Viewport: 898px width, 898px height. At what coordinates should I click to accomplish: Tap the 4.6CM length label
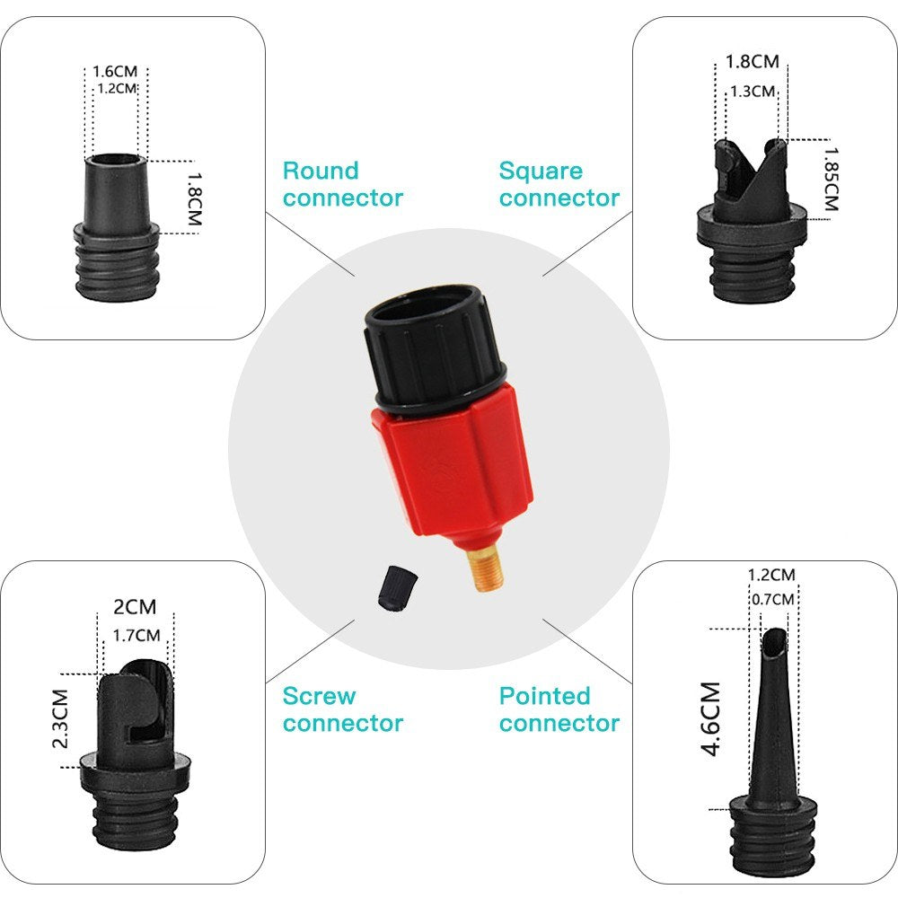710,718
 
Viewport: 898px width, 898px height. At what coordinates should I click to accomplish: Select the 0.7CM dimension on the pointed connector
770,599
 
